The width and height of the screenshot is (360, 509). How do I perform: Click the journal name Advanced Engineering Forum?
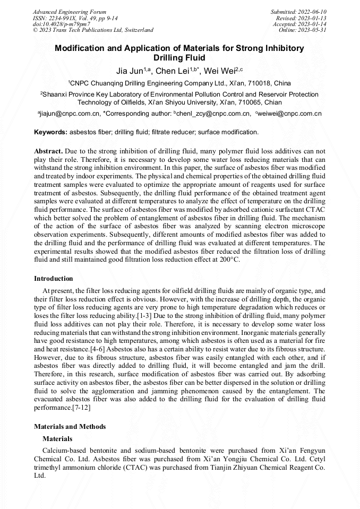coord(70,12)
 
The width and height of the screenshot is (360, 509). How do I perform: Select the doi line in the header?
coord(62,24)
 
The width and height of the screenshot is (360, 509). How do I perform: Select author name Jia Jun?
coord(128,71)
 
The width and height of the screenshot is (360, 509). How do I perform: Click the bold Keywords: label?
coord(51,132)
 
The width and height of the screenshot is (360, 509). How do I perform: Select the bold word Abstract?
coord(49,151)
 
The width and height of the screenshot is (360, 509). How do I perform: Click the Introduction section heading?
coord(54,279)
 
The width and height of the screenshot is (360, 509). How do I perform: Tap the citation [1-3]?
coord(146,315)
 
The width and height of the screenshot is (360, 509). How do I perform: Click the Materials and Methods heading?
coord(70,427)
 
